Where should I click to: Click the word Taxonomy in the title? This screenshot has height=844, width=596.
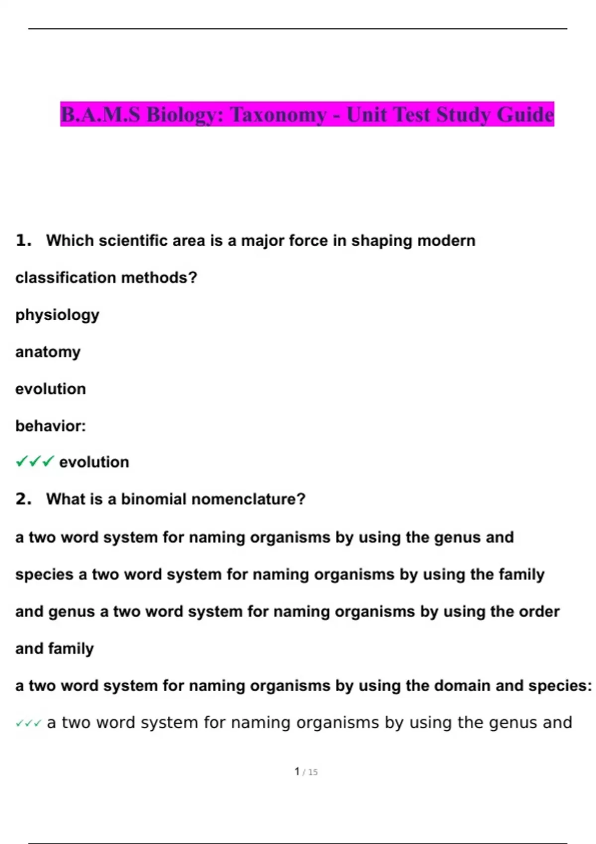pyautogui.click(x=278, y=115)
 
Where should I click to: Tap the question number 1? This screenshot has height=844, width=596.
pyautogui.click(x=23, y=241)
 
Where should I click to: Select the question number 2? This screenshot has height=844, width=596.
pyautogui.click(x=23, y=499)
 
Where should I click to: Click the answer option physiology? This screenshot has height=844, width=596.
pyautogui.click(x=57, y=315)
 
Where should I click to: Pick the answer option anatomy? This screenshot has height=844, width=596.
pyautogui.click(x=48, y=352)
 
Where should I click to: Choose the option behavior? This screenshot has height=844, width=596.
pyautogui.click(x=51, y=426)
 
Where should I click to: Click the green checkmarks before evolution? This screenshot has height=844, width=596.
pyautogui.click(x=35, y=462)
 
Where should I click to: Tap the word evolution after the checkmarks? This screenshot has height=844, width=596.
pyautogui.click(x=94, y=462)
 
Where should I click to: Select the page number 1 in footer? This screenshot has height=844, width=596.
pyautogui.click(x=297, y=772)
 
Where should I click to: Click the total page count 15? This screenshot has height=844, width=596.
pyautogui.click(x=312, y=772)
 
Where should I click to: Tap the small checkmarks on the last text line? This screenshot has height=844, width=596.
pyautogui.click(x=28, y=723)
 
